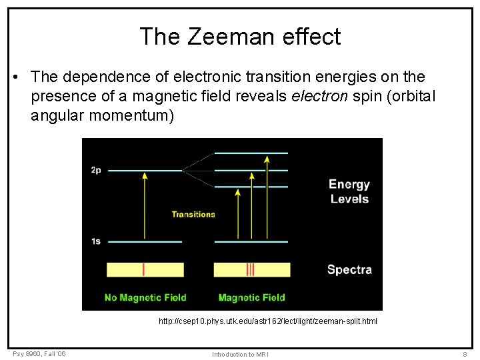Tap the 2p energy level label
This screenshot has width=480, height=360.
click(96, 170)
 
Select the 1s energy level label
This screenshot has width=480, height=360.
click(96, 241)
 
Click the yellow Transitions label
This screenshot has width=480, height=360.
click(193, 214)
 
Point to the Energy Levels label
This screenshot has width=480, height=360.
click(349, 191)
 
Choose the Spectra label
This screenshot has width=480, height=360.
click(349, 270)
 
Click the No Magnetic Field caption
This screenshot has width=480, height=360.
click(145, 297)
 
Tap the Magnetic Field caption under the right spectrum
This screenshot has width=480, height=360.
click(251, 297)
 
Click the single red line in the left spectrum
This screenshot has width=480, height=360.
click(144, 269)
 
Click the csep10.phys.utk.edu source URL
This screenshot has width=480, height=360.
click(267, 321)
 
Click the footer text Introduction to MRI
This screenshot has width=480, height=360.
click(240, 354)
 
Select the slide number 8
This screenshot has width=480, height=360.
click(464, 354)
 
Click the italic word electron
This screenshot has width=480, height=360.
click(317, 97)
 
